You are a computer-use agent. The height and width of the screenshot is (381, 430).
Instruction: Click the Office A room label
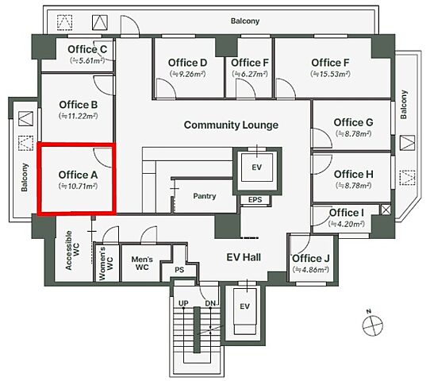click(x=79, y=175)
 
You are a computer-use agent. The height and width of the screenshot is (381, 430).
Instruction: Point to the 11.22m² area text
click(x=79, y=116)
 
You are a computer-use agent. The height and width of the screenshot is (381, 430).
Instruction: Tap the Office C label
click(x=87, y=49)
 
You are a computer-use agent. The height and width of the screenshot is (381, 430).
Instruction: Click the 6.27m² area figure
click(x=250, y=74)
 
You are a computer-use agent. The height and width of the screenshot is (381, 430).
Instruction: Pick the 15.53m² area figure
click(x=330, y=74)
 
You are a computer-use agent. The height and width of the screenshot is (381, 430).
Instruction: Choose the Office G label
click(x=353, y=122)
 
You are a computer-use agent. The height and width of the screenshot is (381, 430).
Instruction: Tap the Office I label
click(x=347, y=213)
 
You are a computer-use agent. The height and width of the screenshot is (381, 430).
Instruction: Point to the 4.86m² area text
click(x=311, y=270)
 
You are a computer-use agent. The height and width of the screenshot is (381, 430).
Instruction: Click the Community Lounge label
click(x=231, y=125)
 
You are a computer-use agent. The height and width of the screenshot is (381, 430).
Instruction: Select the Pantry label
click(x=205, y=196)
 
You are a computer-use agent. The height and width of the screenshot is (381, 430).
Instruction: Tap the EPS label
click(x=255, y=200)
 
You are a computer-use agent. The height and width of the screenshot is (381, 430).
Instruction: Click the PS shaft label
click(x=179, y=270)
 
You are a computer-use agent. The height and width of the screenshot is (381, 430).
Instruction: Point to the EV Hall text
click(x=244, y=257)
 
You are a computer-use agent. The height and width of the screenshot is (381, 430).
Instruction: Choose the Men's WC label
click(x=142, y=263)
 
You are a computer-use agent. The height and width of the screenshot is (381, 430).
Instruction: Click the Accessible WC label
click(x=72, y=250)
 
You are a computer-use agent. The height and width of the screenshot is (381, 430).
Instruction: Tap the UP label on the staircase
click(x=183, y=303)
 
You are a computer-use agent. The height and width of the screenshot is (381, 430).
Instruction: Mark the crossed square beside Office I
click(x=386, y=210)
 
